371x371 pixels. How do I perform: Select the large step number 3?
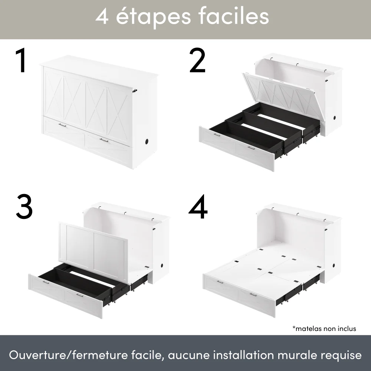24,206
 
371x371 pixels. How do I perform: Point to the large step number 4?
198,206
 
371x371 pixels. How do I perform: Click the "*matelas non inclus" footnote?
324,328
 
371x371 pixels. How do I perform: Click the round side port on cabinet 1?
147,142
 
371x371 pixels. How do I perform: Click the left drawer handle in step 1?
62,126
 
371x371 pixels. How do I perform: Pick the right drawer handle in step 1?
104,140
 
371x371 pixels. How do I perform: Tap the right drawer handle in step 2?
251,148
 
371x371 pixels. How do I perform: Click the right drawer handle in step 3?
79,295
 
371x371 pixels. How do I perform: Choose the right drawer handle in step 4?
253,295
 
